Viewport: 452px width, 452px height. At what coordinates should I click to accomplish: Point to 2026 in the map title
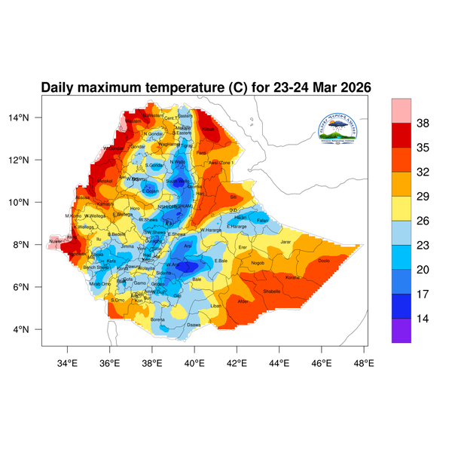click(352, 88)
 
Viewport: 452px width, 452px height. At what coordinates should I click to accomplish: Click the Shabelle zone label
click(271, 291)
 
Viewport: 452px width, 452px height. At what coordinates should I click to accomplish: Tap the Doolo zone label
click(324, 261)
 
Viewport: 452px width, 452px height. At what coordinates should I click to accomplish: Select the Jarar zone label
click(286, 241)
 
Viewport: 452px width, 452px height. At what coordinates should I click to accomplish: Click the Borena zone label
click(158, 319)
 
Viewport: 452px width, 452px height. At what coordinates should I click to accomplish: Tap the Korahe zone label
click(293, 277)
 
